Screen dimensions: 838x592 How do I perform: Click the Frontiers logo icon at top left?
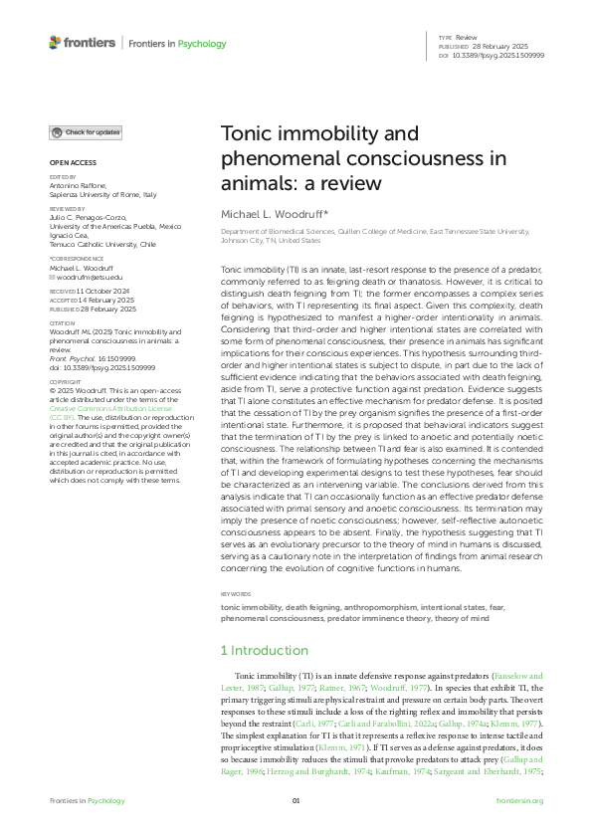56,43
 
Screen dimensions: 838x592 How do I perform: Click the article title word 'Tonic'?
248,134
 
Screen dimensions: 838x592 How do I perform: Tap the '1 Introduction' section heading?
264,649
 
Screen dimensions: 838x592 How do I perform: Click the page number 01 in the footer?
296,801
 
